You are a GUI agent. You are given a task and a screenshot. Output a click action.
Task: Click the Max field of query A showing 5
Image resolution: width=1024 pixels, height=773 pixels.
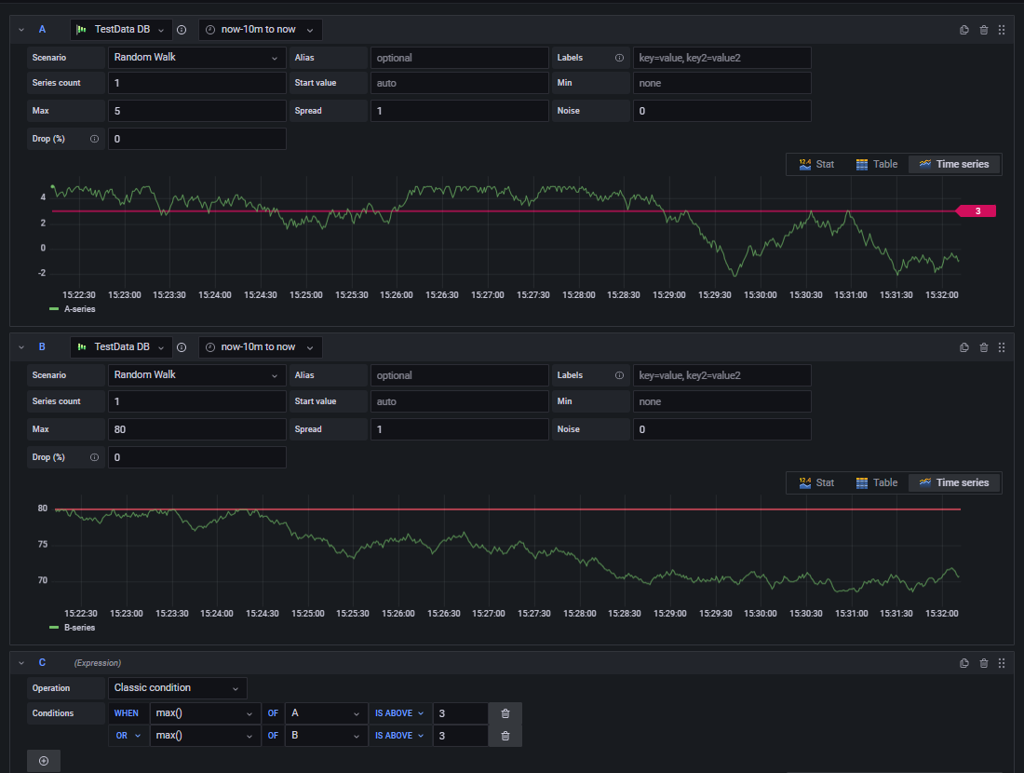[196, 111]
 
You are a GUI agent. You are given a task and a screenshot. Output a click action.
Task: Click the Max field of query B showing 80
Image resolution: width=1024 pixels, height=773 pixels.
[196, 429]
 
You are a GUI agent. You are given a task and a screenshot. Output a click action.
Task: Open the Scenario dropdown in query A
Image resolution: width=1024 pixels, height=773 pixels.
[196, 58]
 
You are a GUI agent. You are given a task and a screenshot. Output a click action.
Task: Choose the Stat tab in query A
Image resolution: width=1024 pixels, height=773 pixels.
[816, 164]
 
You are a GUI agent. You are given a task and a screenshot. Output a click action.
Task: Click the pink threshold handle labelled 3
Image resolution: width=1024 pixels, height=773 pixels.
[977, 211]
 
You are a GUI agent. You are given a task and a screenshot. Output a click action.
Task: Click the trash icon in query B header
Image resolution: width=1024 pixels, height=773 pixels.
[984, 347]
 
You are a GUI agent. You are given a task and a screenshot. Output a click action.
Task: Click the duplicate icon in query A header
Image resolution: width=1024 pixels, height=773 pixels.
[964, 30]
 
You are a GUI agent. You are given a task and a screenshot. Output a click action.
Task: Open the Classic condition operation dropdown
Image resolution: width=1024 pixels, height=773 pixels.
[178, 688]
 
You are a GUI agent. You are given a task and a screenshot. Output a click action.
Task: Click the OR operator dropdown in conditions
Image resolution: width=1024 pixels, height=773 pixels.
[128, 736]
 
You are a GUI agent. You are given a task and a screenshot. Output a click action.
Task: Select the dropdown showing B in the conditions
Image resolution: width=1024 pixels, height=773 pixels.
[325, 736]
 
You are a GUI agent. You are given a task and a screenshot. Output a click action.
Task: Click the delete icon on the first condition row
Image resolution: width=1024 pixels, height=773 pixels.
[505, 713]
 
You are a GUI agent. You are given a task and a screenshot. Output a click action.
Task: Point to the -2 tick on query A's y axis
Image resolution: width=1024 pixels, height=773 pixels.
[42, 273]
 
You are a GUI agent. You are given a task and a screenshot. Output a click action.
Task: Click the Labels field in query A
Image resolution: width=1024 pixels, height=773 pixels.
[721, 58]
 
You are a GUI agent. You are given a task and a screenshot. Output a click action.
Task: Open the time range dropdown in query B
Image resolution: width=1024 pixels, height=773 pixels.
[261, 347]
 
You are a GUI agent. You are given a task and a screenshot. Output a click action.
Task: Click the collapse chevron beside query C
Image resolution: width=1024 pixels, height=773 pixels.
[21, 663]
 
